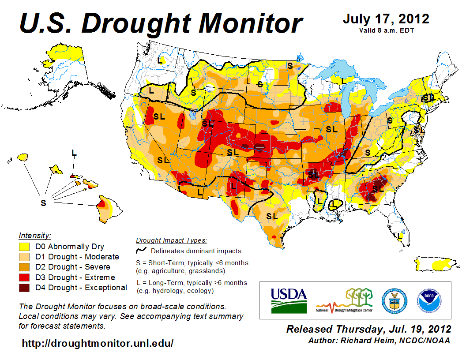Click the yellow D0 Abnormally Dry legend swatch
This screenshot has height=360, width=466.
click(x=24, y=247)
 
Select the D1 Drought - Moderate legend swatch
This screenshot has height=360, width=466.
click(x=24, y=257)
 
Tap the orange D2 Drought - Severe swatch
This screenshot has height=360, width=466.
click(x=24, y=267)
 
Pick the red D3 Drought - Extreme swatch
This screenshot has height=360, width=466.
click(x=24, y=277)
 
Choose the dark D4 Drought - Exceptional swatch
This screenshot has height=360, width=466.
click(x=24, y=288)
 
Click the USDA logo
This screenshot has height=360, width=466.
click(x=288, y=300)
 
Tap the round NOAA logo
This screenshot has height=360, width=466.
click(x=429, y=300)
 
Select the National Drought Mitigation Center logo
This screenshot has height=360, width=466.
click(x=344, y=300)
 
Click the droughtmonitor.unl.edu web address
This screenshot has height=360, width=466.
click(x=98, y=343)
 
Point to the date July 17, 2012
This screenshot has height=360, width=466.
click(x=386, y=19)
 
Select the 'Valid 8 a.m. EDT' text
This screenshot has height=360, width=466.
click(x=386, y=30)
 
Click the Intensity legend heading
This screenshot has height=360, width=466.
click(x=35, y=235)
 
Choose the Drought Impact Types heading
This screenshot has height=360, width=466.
click(x=171, y=240)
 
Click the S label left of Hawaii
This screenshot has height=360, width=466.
click(x=43, y=202)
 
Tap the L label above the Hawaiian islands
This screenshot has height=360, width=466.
click(x=74, y=153)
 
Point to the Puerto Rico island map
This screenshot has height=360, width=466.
click(x=435, y=263)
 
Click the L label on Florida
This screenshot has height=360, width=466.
click(x=400, y=236)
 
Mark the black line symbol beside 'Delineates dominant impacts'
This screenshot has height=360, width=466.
click(x=141, y=251)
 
